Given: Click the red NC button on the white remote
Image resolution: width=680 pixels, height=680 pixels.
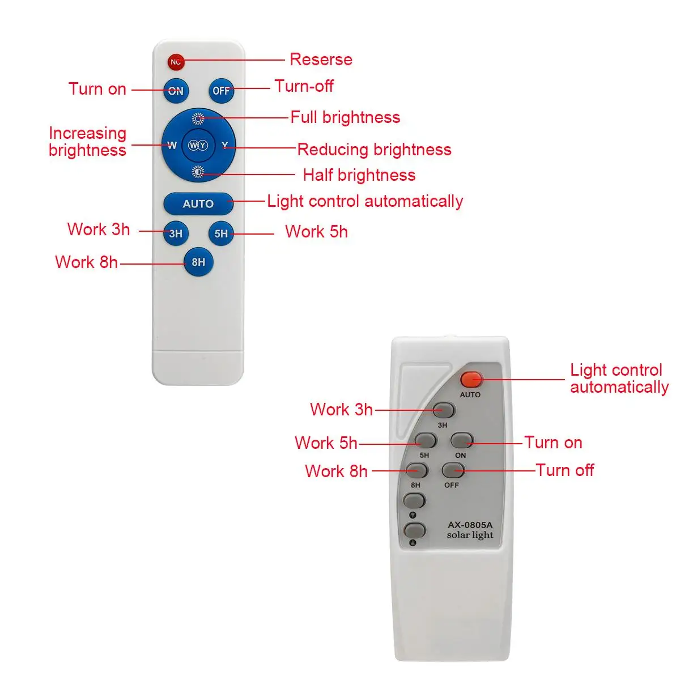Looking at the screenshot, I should [x=176, y=62].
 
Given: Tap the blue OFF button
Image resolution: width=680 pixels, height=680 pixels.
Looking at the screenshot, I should [x=221, y=91].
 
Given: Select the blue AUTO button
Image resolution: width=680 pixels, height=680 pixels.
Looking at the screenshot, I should [x=198, y=203].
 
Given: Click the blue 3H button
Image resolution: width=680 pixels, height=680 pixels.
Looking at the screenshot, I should [x=176, y=233].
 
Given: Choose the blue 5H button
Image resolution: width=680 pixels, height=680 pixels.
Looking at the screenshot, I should [x=221, y=233].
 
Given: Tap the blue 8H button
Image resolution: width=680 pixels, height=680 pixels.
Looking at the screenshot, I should [x=198, y=262].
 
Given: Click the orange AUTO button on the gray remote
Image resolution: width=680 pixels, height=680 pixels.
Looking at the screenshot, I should [x=471, y=380].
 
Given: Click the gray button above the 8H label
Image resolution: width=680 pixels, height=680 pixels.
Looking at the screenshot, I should [x=416, y=470].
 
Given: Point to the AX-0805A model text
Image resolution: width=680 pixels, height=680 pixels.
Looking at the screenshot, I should [x=470, y=525].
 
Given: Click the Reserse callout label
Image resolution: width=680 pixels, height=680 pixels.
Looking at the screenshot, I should [x=321, y=59].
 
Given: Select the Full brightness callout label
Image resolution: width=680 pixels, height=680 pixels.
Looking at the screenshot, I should [x=345, y=117].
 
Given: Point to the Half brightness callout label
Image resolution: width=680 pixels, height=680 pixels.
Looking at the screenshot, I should [x=359, y=175].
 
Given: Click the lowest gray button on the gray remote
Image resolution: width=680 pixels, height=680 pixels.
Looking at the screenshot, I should [x=414, y=531].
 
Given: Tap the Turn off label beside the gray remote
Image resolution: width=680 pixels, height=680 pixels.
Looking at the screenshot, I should [x=564, y=470].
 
